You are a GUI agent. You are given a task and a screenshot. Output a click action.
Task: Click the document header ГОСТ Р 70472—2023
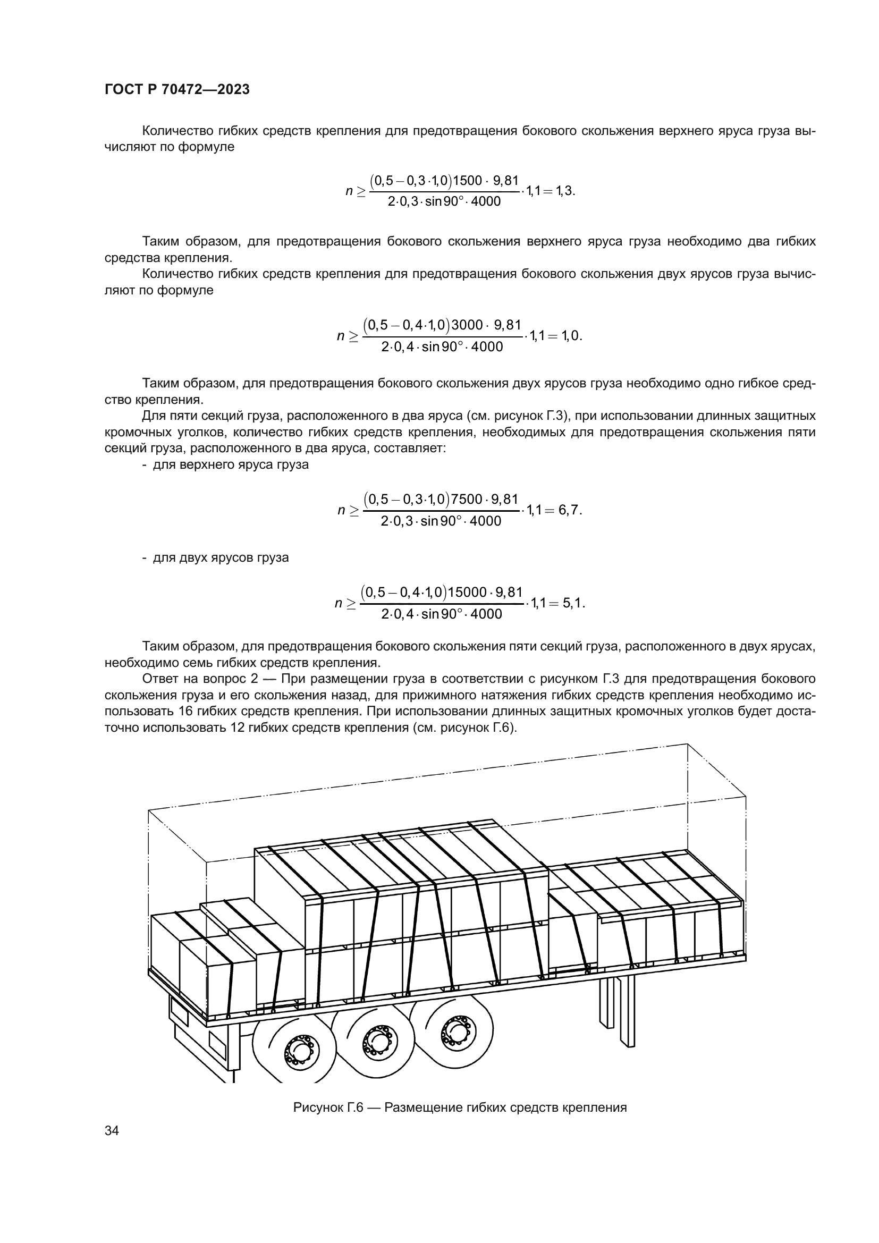click(177, 90)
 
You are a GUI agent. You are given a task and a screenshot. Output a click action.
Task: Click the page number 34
click(112, 1130)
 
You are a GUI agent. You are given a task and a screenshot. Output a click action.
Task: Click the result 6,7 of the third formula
click(569, 510)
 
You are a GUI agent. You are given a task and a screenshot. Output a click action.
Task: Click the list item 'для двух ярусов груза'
click(221, 557)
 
